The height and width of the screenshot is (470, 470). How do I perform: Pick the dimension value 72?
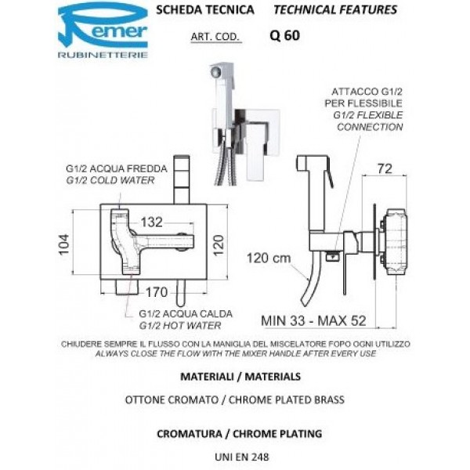tap(385, 168)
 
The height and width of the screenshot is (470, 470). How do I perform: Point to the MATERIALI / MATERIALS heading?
tap(235, 376)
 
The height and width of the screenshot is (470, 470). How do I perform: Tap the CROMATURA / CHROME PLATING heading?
tap(235, 432)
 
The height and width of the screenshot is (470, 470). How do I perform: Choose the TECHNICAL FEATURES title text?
tap(334, 10)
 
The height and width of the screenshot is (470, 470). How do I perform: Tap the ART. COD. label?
tap(214, 36)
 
